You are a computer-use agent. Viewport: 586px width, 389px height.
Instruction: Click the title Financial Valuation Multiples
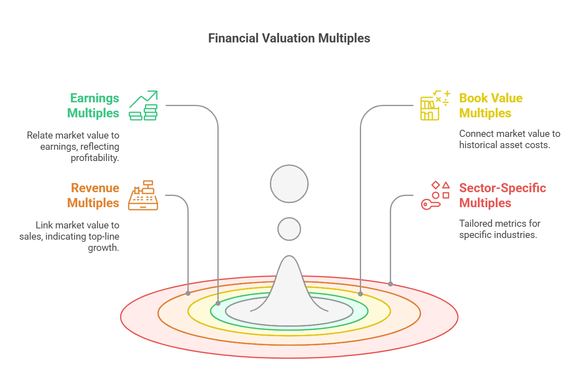click(289, 38)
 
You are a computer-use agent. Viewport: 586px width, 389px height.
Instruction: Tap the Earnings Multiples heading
click(93, 106)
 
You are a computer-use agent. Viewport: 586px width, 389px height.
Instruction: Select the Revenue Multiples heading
click(93, 196)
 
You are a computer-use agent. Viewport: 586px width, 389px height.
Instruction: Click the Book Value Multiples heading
click(491, 106)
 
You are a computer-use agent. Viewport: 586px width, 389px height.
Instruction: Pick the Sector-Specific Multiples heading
click(503, 196)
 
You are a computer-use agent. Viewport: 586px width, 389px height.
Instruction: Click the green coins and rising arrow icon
click(143, 105)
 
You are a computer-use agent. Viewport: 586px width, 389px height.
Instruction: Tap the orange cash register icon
click(143, 195)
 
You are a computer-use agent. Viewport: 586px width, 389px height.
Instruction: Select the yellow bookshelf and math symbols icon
click(435, 105)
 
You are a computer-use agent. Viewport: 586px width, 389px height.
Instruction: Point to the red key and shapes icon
click(435, 195)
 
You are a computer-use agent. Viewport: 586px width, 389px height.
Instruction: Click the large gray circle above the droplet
click(289, 183)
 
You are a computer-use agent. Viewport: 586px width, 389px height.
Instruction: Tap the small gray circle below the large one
click(289, 229)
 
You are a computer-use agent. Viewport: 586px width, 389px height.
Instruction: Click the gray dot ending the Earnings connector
click(218, 303)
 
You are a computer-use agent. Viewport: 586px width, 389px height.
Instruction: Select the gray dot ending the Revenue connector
click(188, 293)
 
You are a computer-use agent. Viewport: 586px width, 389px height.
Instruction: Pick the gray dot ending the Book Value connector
click(361, 294)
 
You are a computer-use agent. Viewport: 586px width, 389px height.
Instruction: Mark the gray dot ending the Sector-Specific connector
click(390, 284)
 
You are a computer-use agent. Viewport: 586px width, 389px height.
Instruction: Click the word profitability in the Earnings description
click(95, 158)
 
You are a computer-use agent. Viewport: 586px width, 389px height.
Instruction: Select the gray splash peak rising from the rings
click(289, 287)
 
